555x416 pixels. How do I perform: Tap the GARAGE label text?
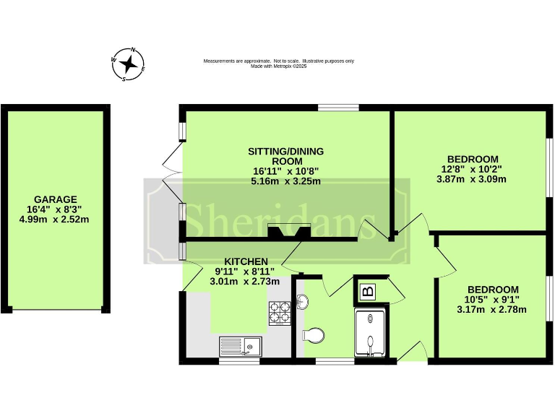(55, 199)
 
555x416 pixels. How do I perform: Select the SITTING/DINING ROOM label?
(285, 156)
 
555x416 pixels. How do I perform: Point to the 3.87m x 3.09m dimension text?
(473, 179)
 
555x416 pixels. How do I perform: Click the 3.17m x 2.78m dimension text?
(491, 310)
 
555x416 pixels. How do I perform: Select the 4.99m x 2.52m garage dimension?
(55, 220)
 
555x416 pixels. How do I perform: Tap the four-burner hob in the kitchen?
(280, 313)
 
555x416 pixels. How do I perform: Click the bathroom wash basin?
(301, 302)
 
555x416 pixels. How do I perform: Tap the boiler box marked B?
(368, 292)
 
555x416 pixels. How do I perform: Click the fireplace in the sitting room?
(288, 232)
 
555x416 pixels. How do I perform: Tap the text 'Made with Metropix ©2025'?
(278, 66)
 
